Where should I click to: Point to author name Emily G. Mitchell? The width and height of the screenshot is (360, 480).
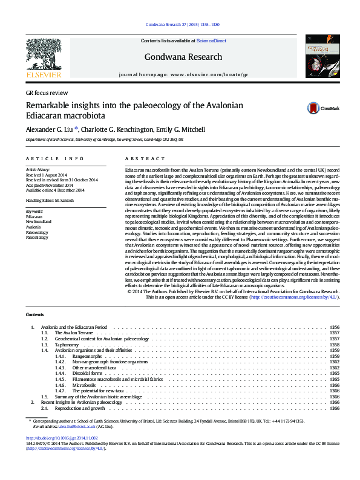pyautogui.click(x=179, y=129)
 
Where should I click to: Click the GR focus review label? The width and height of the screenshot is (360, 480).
pyautogui.click(x=46, y=93)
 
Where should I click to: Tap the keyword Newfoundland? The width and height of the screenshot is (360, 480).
pyautogui.click(x=38, y=222)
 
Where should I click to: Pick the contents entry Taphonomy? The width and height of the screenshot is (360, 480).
pyautogui.click(x=67, y=345)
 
